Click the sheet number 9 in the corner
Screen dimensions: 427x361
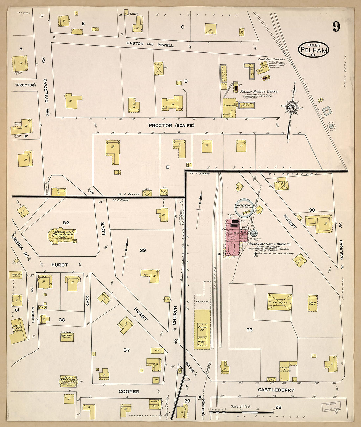point(336,27)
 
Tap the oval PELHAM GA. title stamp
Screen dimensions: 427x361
point(313,50)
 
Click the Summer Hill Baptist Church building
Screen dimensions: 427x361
point(64,236)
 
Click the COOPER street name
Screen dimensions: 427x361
point(129,391)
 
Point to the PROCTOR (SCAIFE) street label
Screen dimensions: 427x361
point(171,125)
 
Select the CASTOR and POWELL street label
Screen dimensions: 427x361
point(150,44)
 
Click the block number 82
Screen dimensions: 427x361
point(66,223)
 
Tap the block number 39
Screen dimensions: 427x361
point(143,250)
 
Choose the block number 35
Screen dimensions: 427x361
point(249,330)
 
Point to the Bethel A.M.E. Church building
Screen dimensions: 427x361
point(68,381)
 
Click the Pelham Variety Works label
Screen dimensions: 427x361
point(259,91)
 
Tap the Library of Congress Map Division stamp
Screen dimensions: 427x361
point(331,406)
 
